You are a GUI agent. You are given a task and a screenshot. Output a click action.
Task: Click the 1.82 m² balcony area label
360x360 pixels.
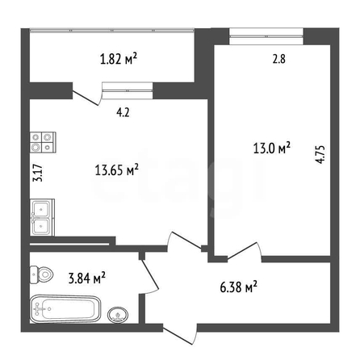click(119, 59)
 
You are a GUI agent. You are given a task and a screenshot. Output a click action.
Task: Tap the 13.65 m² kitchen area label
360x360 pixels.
click(117, 170)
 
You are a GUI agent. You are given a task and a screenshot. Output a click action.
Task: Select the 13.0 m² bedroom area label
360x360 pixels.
click(272, 148)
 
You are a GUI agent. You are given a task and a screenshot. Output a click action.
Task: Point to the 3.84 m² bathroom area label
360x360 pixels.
click(86, 278)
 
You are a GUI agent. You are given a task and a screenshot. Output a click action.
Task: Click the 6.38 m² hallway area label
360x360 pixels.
click(239, 287)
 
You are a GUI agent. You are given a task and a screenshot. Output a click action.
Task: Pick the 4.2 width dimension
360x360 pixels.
click(123, 112)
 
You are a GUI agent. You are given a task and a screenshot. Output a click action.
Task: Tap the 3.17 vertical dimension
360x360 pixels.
click(38, 173)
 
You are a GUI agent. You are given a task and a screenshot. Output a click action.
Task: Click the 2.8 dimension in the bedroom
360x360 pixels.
click(279, 59)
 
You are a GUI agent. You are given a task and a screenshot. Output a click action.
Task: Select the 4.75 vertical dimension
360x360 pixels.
click(320, 155)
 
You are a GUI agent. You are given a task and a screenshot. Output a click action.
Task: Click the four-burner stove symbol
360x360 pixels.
click(43, 143)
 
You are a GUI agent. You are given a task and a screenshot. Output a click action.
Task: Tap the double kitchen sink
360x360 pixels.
click(43, 217)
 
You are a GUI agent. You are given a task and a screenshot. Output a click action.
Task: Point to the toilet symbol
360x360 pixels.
click(41, 274)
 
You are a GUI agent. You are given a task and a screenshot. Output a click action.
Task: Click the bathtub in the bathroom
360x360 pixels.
click(65, 309)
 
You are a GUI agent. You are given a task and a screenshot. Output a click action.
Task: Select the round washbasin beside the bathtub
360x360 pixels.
click(118, 315)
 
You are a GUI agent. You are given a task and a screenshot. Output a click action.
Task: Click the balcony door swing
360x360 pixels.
click(87, 94)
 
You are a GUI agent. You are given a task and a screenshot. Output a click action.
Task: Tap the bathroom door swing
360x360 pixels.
click(149, 276)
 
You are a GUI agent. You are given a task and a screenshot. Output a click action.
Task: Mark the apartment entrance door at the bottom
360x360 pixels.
click(180, 333)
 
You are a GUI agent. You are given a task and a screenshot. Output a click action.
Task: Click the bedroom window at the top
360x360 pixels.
click(266, 36)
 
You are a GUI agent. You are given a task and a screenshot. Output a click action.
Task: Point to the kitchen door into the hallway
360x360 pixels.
click(184, 241)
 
